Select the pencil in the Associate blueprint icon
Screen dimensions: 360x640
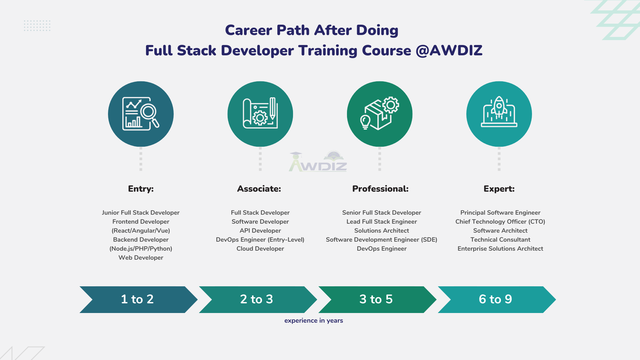(x=272, y=108)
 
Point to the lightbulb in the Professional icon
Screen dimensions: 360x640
(x=365, y=121)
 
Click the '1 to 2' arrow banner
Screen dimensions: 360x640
(x=138, y=299)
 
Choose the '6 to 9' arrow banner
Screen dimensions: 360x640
(x=496, y=299)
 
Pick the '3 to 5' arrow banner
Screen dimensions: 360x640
(x=376, y=299)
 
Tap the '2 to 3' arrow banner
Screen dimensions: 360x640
(x=257, y=299)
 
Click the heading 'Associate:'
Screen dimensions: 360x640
(x=259, y=189)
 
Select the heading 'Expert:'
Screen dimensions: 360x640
(x=499, y=189)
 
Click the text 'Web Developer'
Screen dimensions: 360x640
(x=141, y=258)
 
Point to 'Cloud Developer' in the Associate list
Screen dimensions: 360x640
(x=260, y=249)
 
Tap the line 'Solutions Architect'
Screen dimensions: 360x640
(x=382, y=231)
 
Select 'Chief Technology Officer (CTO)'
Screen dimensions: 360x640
(x=500, y=222)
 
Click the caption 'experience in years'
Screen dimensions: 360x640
(x=314, y=321)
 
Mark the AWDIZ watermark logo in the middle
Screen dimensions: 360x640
(x=318, y=162)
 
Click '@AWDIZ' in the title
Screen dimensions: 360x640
(x=449, y=51)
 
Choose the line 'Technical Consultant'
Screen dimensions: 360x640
(x=500, y=240)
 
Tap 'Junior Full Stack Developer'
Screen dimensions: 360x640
(x=141, y=213)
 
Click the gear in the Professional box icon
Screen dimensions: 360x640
(x=391, y=105)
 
